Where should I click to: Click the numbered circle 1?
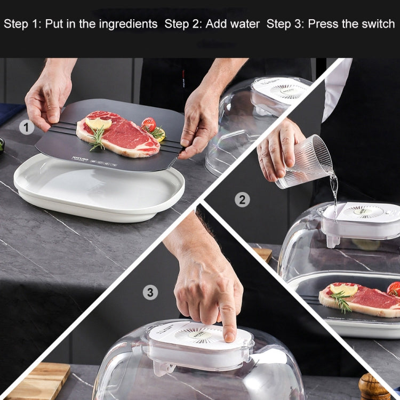(x=27, y=127)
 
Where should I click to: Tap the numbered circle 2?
(x=242, y=199)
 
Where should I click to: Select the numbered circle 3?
(x=151, y=292)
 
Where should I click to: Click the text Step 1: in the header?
(x=22, y=24)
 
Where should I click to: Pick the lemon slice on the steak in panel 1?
(x=98, y=124)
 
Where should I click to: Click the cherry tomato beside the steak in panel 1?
(x=149, y=125)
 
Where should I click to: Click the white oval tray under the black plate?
(x=99, y=197)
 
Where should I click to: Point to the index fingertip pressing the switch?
(x=230, y=334)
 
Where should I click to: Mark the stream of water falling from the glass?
(x=334, y=192)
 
